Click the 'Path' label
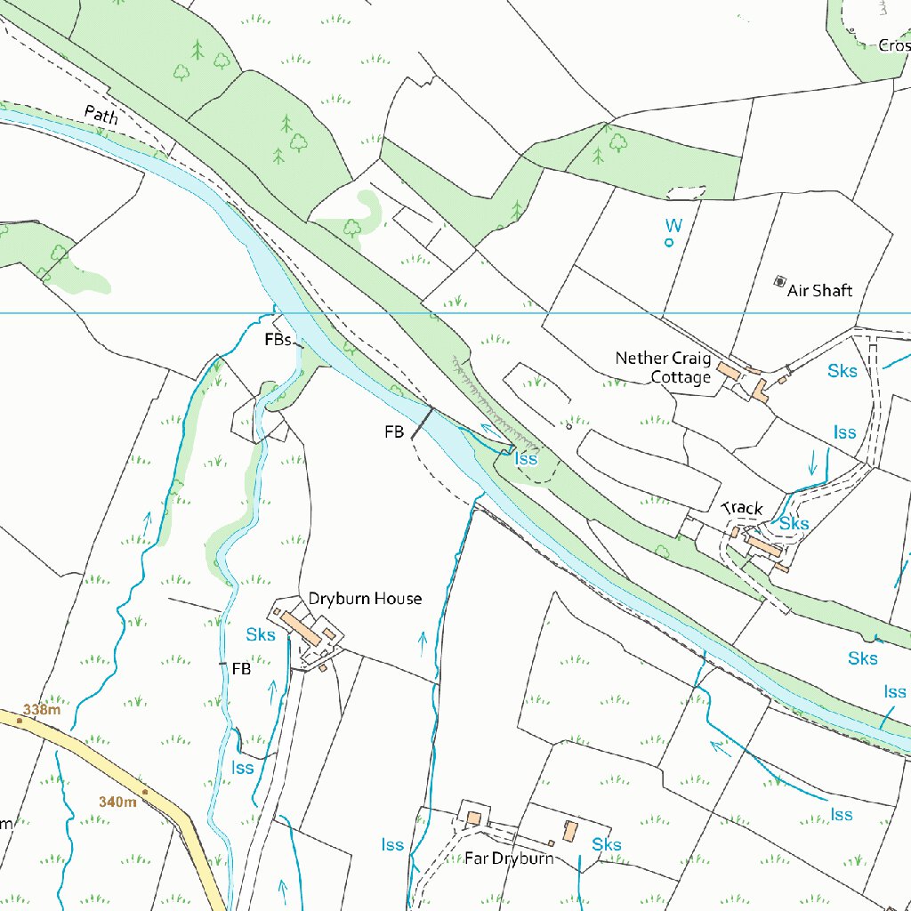pos(101,114)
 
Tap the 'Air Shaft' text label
pos(819,291)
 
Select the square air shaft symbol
pos(780,282)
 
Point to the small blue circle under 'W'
pos(669,242)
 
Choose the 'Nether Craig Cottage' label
pos(664,367)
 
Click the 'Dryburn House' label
pos(365,599)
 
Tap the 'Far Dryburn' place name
pos(509,859)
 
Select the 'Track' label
pos(742,508)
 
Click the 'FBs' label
pos(277,340)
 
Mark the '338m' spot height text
pos(42,710)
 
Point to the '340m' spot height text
pos(117,802)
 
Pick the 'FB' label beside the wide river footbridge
pos(394,432)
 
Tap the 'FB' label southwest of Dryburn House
pos(241,668)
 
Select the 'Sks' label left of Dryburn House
pos(261,635)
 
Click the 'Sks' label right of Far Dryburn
pos(607,844)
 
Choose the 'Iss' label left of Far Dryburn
pos(392,844)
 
